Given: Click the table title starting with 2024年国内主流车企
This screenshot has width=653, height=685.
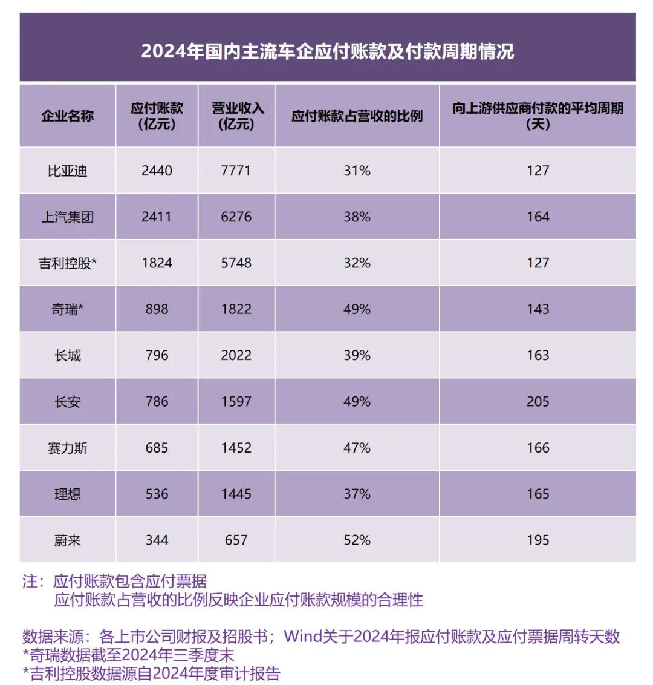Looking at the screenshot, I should pos(327,51).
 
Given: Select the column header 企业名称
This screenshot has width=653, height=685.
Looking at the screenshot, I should pos(67,116).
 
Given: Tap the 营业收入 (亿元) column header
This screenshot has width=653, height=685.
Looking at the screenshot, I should pos(236,116).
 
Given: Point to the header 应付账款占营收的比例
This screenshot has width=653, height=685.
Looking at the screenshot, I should pos(357,116).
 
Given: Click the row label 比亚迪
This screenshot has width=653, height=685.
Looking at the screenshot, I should pos(67,171).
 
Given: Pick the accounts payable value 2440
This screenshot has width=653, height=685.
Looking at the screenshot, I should pos(157,171).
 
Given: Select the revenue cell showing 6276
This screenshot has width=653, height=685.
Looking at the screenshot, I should pos(236,217).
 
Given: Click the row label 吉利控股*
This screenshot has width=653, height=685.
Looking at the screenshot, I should pos(67,263).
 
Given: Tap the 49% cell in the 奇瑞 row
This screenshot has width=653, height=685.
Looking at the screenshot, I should pos(357,309).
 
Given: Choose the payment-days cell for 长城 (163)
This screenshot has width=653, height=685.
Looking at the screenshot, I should pos(538,355).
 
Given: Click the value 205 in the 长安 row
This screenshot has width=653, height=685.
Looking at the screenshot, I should pos(538,402).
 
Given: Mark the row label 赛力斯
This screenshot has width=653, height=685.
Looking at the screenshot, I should pos(67,448).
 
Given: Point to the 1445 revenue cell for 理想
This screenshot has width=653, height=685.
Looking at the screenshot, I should pos(236,494).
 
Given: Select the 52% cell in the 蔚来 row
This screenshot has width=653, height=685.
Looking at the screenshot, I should pos(357,540).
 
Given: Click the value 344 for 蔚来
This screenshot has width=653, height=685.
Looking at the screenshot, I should pos(157,540).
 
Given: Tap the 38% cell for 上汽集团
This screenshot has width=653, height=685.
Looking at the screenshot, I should pos(357,217).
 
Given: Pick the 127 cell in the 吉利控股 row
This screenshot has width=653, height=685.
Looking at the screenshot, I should pos(538,263).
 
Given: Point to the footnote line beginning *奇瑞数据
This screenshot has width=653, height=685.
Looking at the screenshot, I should pos(128,655).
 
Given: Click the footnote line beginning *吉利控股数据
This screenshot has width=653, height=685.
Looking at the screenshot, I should pos(151,674).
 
